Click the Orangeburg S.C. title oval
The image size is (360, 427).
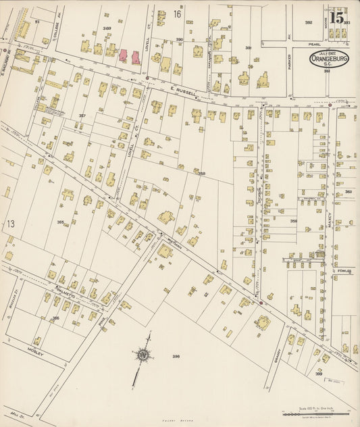pyautogui.click(x=330, y=58)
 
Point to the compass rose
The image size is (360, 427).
pyautogui.click(x=143, y=355)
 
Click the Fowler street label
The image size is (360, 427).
pyautogui.click(x=345, y=271)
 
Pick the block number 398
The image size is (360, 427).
pyautogui.click(x=176, y=356)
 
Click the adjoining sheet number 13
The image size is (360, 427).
pyautogui.click(x=10, y=224)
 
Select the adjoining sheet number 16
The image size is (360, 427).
pyautogui.click(x=177, y=14)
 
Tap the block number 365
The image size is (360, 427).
pyautogui.click(x=60, y=222)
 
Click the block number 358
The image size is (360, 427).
pyautogui.click(x=201, y=174)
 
